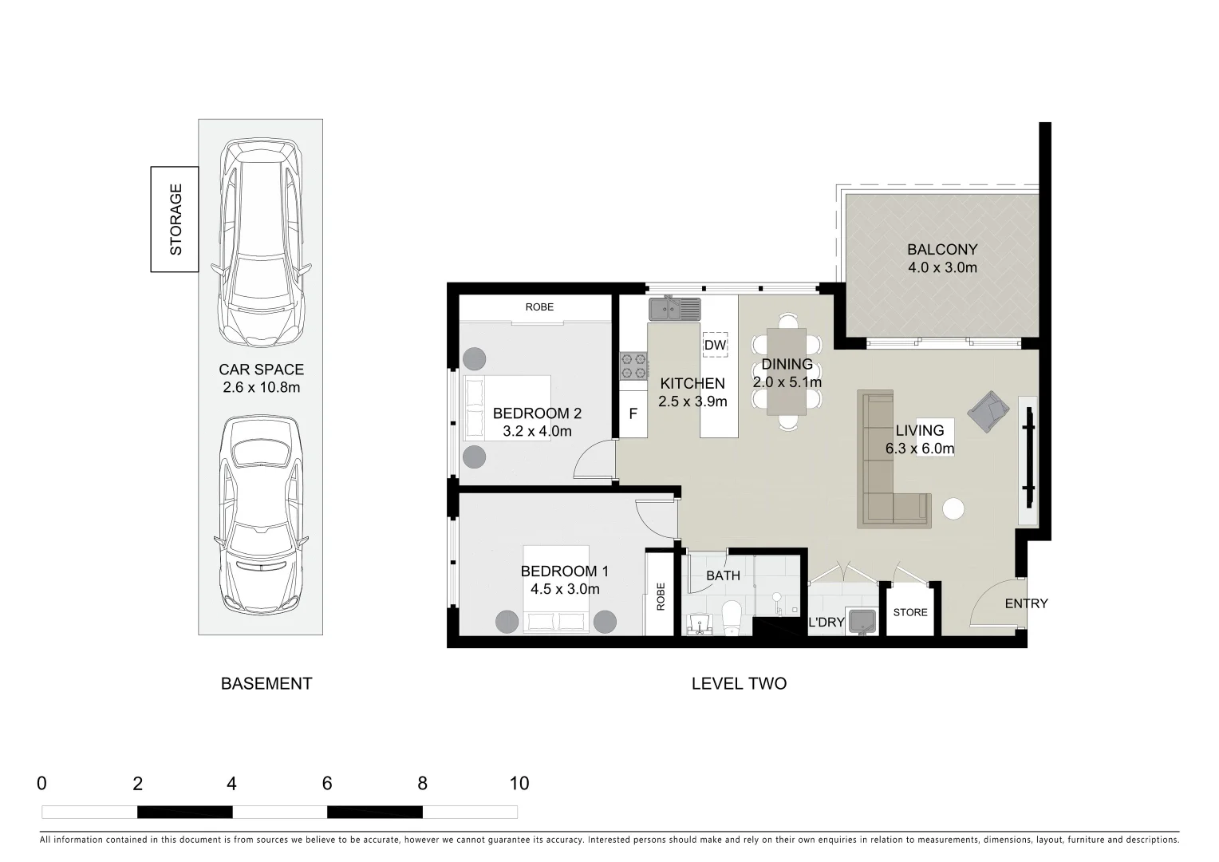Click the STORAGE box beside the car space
(x=175, y=219)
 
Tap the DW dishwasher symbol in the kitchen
(x=715, y=345)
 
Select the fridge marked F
(x=633, y=414)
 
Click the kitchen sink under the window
(x=674, y=308)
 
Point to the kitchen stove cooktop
(x=633, y=366)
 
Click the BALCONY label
(x=941, y=249)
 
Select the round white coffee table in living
(x=953, y=509)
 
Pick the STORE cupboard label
(x=910, y=612)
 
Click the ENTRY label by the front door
(x=1026, y=603)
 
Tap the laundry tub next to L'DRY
(x=862, y=621)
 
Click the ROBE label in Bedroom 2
(x=539, y=307)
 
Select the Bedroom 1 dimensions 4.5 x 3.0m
(x=565, y=590)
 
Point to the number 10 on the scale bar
(x=519, y=784)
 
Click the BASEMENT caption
(x=266, y=684)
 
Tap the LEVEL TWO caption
(x=739, y=684)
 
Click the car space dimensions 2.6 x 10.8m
(x=262, y=388)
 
